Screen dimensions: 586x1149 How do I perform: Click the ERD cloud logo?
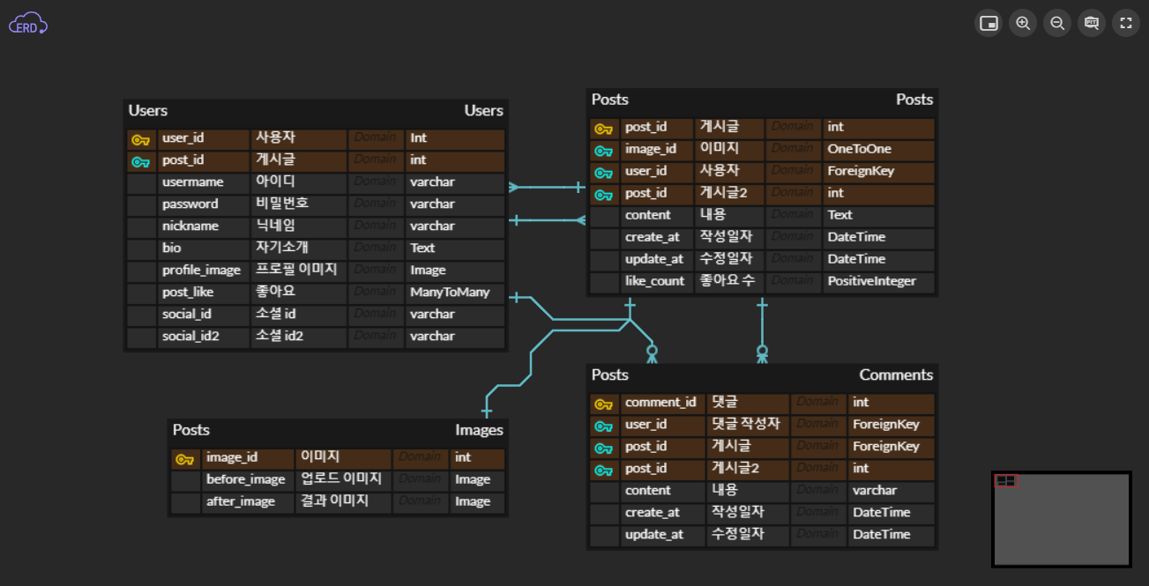(28, 24)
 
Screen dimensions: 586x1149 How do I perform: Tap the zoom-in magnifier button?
(1023, 24)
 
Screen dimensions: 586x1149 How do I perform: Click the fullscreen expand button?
(1125, 24)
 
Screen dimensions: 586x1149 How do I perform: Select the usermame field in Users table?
(193, 182)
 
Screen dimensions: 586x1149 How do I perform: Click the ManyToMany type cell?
(450, 293)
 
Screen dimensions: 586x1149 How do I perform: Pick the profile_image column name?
(202, 271)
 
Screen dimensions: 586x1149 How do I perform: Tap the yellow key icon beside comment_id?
(604, 404)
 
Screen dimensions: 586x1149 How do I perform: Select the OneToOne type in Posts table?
(859, 150)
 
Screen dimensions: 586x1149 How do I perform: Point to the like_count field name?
(654, 282)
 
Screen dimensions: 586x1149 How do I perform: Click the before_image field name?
(245, 480)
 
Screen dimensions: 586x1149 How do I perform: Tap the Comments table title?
(896, 375)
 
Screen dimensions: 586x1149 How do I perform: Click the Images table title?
(479, 430)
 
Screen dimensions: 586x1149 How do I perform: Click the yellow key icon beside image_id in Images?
(185, 459)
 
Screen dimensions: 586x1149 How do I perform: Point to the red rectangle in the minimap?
(1006, 481)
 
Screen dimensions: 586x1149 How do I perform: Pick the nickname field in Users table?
(190, 226)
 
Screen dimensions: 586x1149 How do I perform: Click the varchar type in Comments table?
(874, 491)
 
